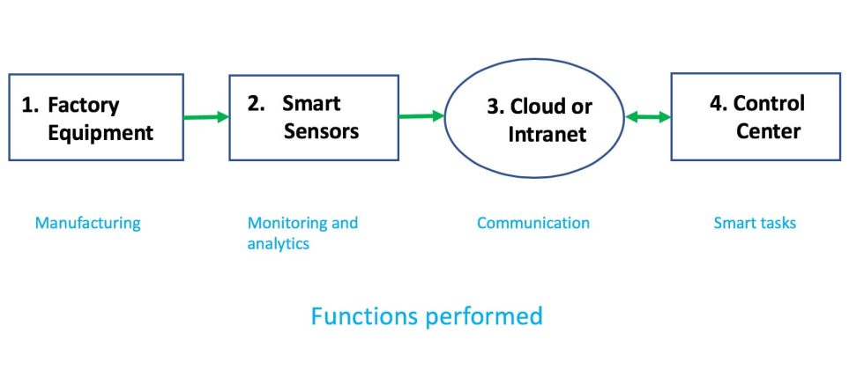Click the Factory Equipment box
pyautogui.click(x=95, y=117)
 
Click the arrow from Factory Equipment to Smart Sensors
pyautogui.click(x=206, y=115)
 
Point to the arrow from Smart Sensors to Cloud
pyautogui.click(x=421, y=115)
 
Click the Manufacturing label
pyautogui.click(x=87, y=223)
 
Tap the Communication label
pyautogui.click(x=533, y=223)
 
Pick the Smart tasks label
pyautogui.click(x=755, y=223)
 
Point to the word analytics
pyautogui.click(x=279, y=244)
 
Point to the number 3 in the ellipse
pyautogui.click(x=493, y=107)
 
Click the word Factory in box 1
pyautogui.click(x=83, y=106)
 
